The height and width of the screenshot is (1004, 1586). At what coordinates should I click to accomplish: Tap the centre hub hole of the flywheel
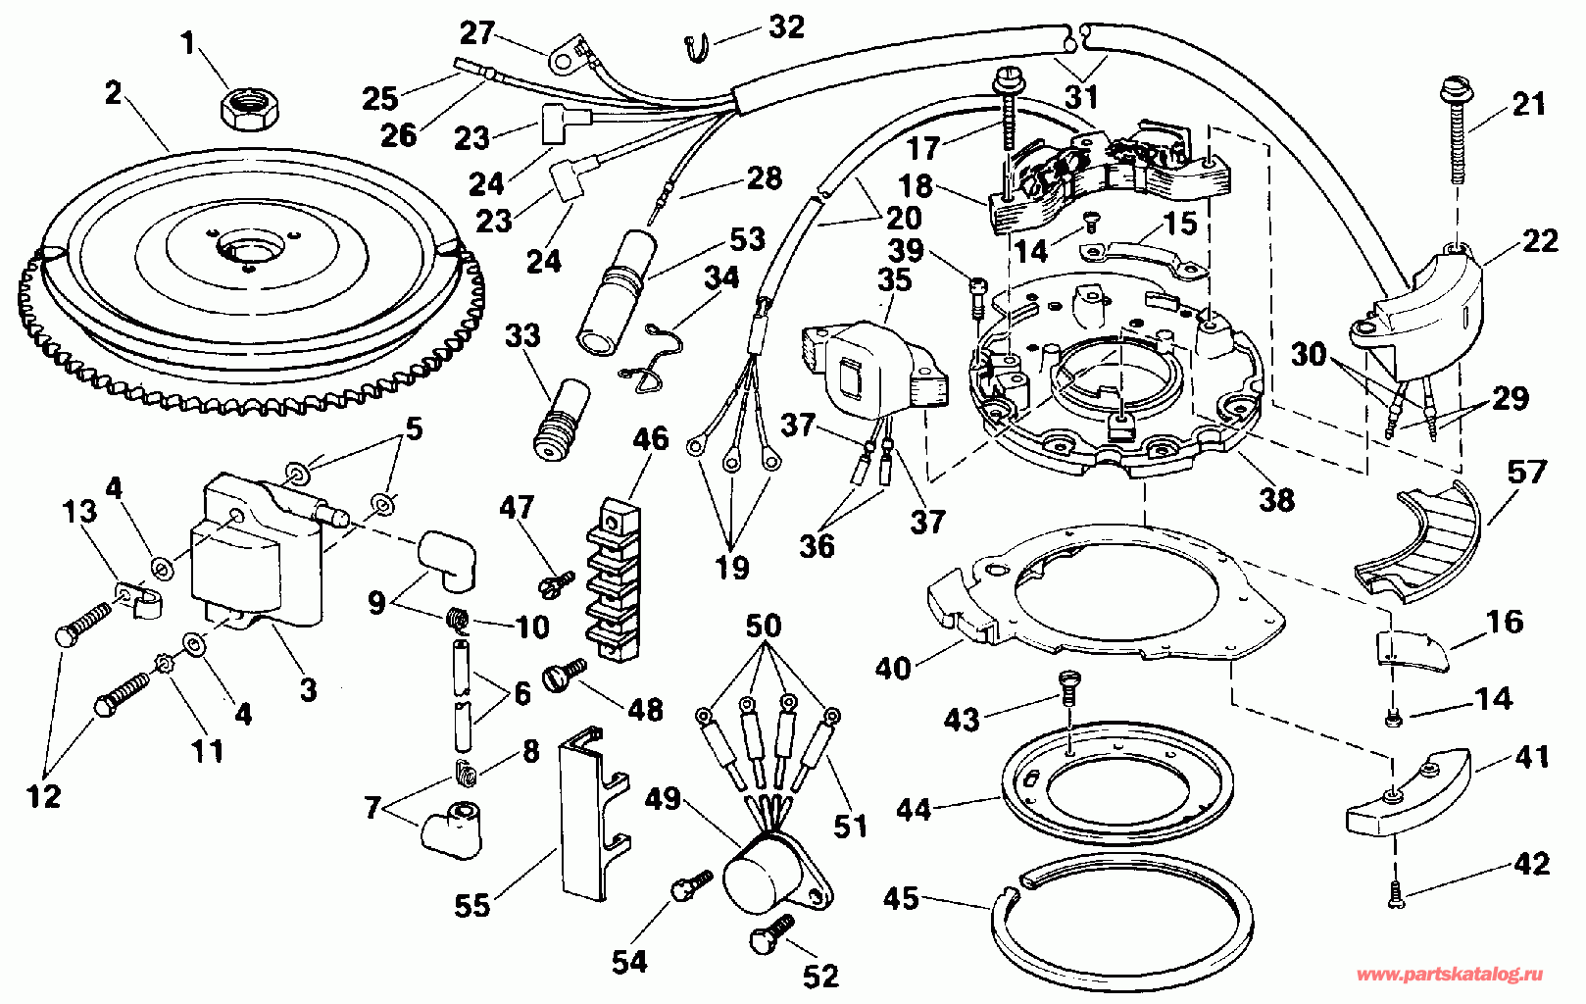point(250,249)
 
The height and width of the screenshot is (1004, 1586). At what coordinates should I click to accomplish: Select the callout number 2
point(114,93)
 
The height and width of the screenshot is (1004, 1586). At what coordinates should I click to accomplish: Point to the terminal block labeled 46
point(614,580)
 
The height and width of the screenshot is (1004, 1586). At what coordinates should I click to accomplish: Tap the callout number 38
point(1276,500)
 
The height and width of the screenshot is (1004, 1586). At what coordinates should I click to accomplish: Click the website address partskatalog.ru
point(1449,975)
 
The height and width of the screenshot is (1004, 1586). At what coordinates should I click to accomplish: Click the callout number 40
point(893,668)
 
